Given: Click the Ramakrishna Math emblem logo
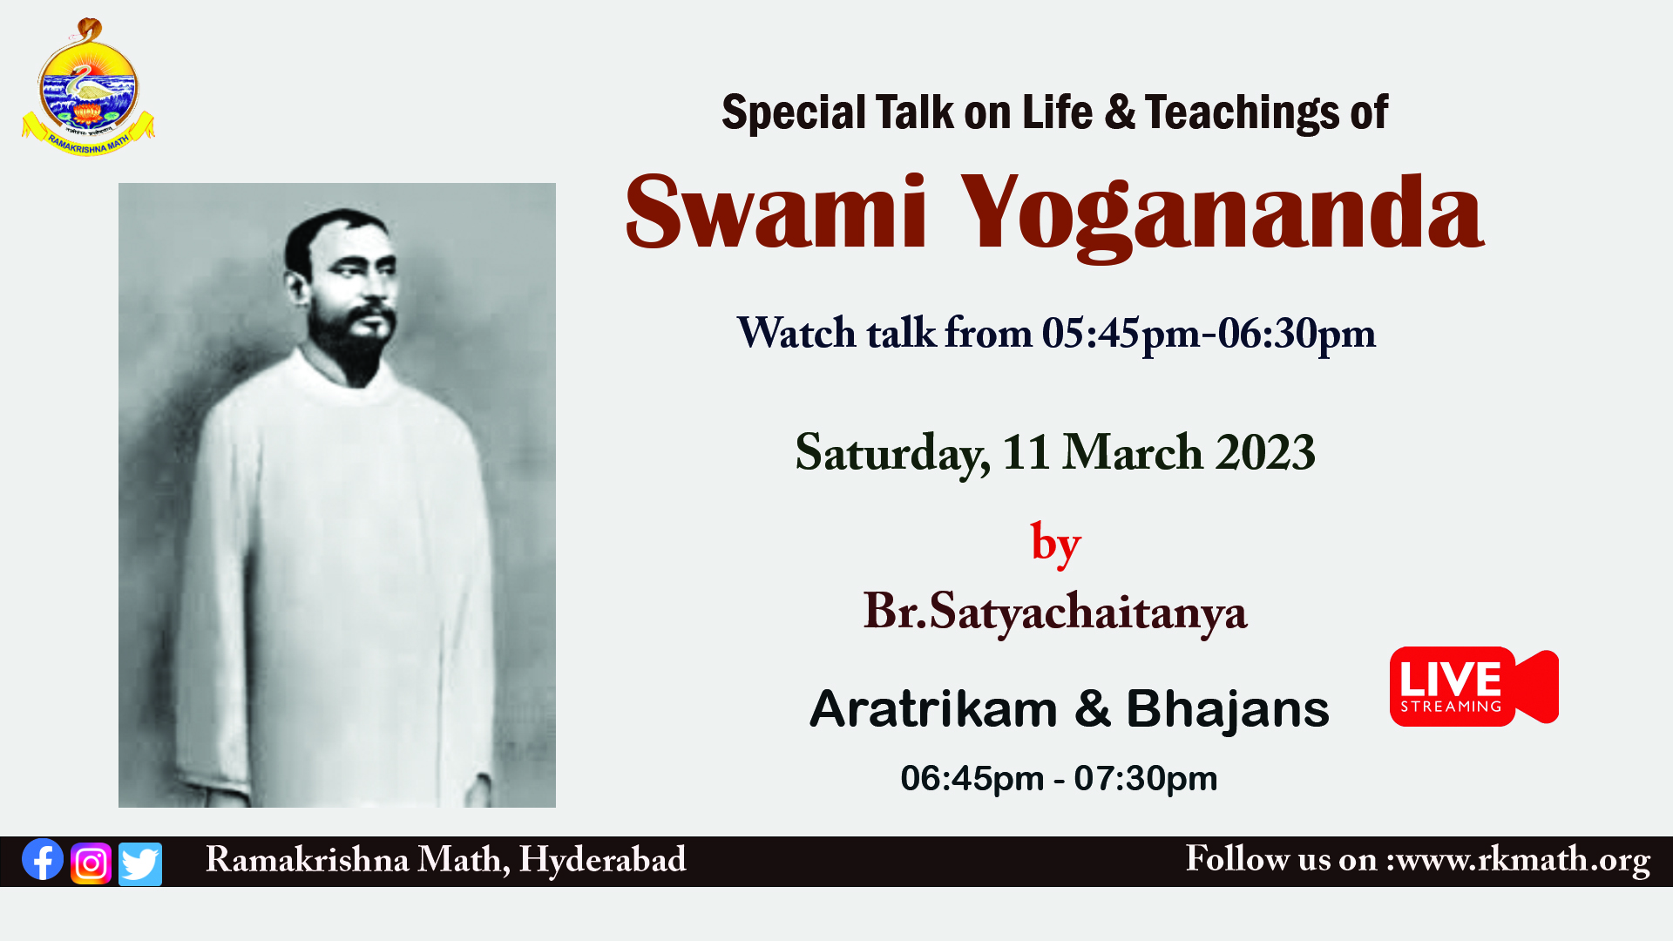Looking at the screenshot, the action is (88, 87).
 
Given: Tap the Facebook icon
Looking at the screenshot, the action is (43, 860).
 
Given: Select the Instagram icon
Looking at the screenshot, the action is (91, 863).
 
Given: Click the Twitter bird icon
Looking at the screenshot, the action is (140, 863).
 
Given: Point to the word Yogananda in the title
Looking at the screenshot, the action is (1222, 214).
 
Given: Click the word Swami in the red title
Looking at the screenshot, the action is (776, 213).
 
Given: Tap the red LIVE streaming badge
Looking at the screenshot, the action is (1474, 686).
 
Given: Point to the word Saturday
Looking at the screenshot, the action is (892, 454).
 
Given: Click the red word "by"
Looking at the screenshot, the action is (1056, 544).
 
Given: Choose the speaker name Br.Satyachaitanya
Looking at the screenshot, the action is (1055, 613).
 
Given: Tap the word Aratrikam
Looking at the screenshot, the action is (933, 708).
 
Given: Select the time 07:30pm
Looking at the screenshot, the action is (1146, 779).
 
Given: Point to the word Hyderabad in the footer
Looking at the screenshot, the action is (603, 860).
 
